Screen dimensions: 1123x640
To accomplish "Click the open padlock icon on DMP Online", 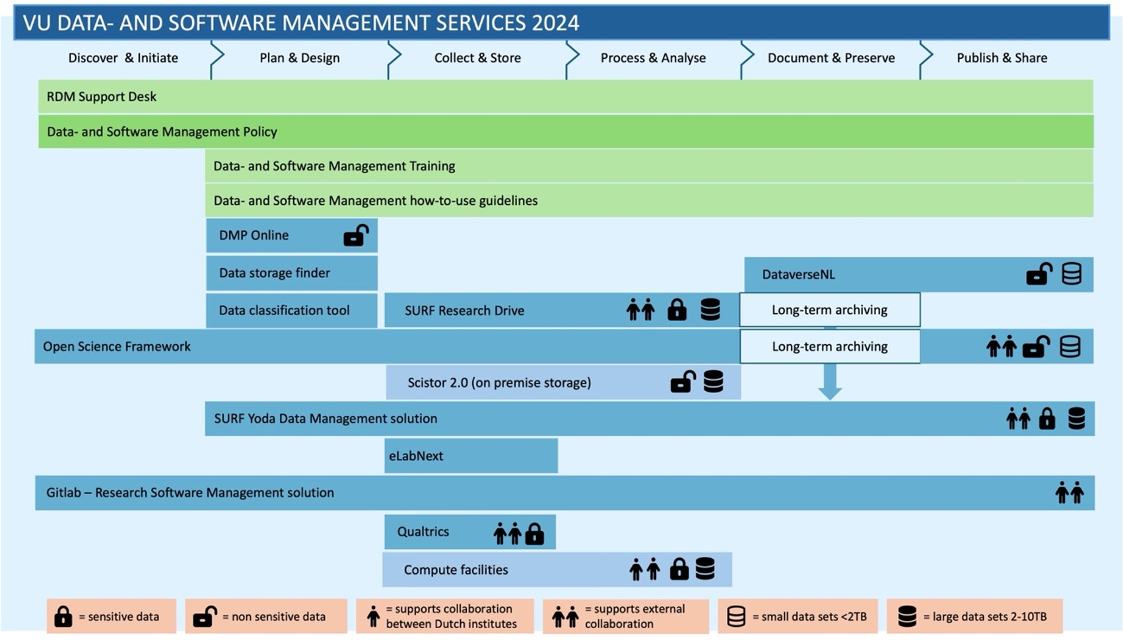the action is [356, 235].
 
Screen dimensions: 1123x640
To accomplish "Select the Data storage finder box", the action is [292, 273].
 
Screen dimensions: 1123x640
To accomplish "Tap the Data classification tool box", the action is [292, 310].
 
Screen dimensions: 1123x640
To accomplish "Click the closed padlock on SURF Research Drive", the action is [677, 310].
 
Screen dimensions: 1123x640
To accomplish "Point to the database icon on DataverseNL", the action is [1072, 274].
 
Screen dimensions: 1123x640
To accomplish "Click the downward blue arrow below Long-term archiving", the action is [830, 382].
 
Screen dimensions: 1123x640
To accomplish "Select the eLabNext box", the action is [471, 456].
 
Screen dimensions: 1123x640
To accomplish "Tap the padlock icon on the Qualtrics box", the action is [534, 534].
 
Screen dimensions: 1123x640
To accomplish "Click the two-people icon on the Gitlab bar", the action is [1070, 493].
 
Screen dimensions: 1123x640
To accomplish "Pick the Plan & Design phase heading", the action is [300, 58].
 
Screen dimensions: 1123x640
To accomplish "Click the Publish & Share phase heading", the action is [1002, 58].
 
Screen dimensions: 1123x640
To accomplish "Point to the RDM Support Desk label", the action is [101, 96].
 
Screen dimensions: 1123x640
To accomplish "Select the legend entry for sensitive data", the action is [112, 616].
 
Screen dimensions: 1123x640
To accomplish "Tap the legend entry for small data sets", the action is [798, 616].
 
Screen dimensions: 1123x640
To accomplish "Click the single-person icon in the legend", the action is [373, 616].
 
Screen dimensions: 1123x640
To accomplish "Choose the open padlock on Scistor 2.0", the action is [683, 382].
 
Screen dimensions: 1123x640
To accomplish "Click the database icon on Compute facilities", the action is [705, 569].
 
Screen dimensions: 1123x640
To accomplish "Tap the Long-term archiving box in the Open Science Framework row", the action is [830, 346].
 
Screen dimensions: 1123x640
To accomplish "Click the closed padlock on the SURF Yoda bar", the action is [1047, 418].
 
